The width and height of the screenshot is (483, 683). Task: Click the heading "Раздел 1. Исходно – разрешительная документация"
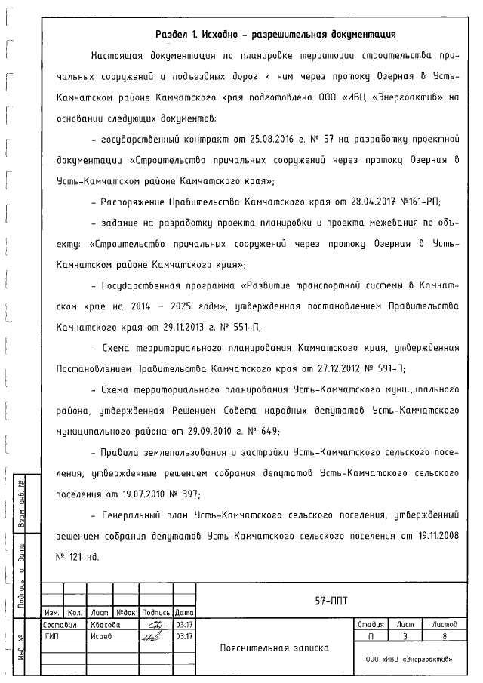[x=275, y=34]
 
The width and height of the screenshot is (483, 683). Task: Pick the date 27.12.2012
[x=340, y=369]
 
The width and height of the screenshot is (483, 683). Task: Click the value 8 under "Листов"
[x=444, y=636]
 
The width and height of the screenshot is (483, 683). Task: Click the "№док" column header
[x=125, y=613]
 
